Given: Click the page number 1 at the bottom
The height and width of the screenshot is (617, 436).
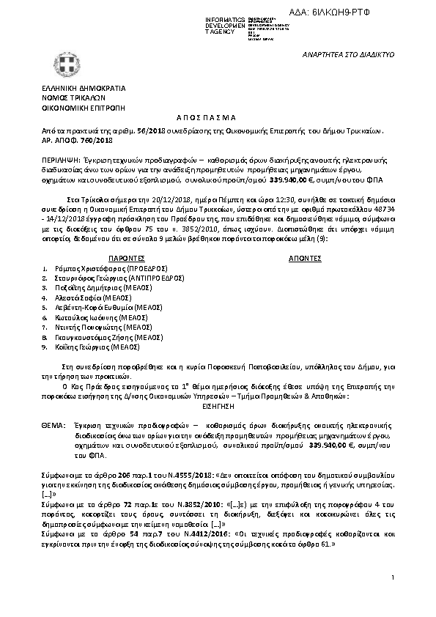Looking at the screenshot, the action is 393,578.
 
